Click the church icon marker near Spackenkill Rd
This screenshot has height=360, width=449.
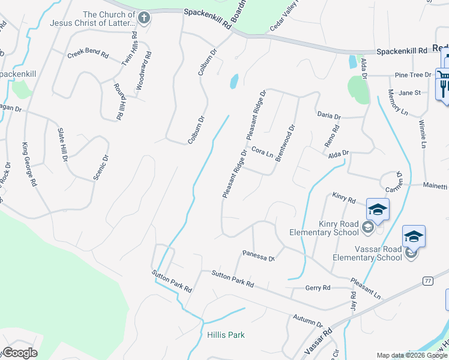point(143,18)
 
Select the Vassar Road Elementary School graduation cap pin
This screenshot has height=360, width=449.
point(414,236)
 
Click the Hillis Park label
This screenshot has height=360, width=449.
point(226,335)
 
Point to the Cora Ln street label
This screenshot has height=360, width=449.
point(262,152)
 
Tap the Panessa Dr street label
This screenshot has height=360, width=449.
point(258,256)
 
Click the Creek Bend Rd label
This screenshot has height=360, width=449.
point(88,54)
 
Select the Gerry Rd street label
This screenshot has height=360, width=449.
point(318,288)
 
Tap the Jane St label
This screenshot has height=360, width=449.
point(409,93)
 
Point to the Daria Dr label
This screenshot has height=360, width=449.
point(328,115)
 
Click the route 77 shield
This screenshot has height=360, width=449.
point(427,280)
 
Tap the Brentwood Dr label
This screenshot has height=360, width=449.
point(286,140)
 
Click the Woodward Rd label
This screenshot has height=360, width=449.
point(143,71)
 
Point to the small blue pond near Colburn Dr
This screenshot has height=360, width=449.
point(234,81)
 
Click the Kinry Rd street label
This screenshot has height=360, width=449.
point(344,198)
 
